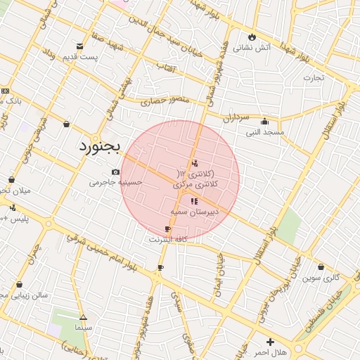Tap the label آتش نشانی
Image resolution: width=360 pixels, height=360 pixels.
pyautogui.click(x=252, y=49)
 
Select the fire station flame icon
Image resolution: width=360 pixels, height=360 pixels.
pyautogui.click(x=252, y=37)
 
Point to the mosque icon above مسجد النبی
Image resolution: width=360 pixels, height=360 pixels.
pyautogui.click(x=264, y=120)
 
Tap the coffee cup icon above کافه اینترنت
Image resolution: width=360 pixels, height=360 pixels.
pyautogui.click(x=167, y=229)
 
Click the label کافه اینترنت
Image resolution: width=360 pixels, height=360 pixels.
pyautogui.click(x=167, y=240)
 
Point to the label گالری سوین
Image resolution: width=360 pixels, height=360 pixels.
pyautogui.click(x=321, y=278)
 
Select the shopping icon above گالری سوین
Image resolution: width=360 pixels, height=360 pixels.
pyautogui.click(x=321, y=266)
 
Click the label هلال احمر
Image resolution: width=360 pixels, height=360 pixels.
pyautogui.click(x=271, y=352)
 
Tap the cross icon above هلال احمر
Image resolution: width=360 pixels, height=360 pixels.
pyautogui.click(x=271, y=341)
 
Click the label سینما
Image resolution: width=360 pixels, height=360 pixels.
pyautogui.click(x=83, y=328)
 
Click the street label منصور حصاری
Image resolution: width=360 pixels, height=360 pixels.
pyautogui.click(x=165, y=101)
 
